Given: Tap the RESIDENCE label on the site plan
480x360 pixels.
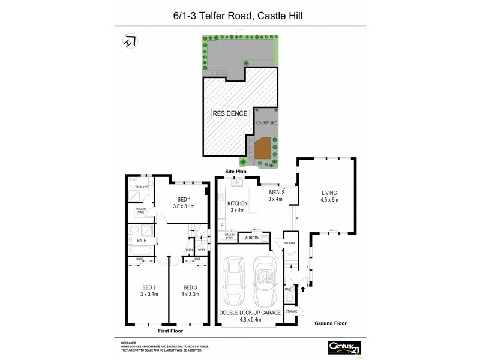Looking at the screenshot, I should pyautogui.click(x=229, y=113).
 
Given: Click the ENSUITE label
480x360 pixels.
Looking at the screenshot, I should pyautogui.click(x=142, y=187).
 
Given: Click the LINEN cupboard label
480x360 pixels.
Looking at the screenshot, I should pyautogui.click(x=189, y=250).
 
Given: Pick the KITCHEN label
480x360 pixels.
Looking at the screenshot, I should pyautogui.click(x=238, y=204).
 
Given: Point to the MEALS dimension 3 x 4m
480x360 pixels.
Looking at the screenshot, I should pyautogui.click(x=275, y=199).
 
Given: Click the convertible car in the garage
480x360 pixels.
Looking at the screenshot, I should pyautogui.click(x=264, y=284).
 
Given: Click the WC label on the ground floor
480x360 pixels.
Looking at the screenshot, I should pyautogui.click(x=287, y=290).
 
